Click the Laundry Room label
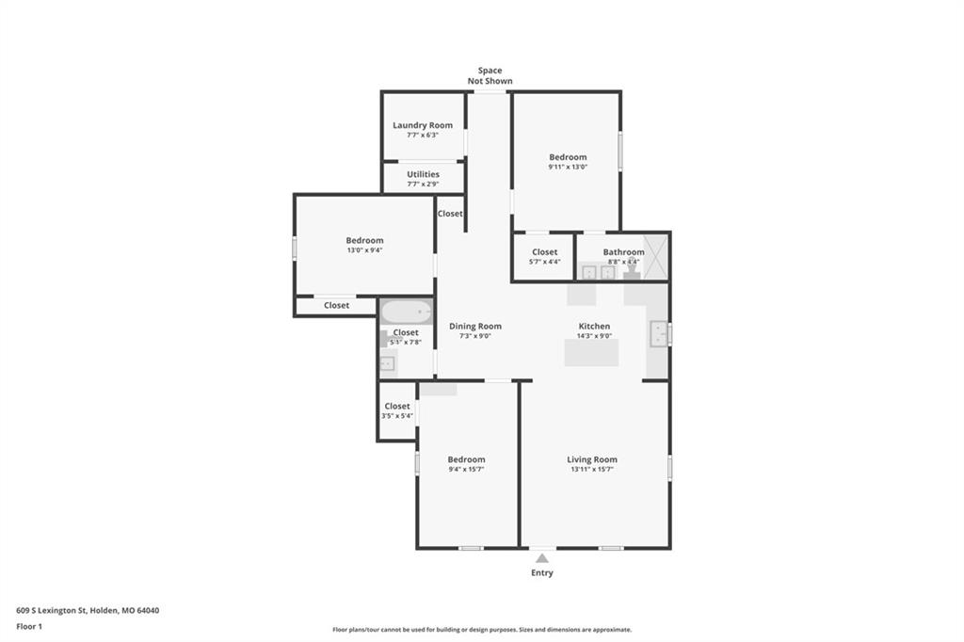423,125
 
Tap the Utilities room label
423,174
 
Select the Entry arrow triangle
541,558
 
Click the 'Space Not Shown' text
490,75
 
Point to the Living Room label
592,459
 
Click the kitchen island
591,352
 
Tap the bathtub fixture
407,312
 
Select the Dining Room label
475,326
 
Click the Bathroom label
623,252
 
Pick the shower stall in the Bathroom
655,257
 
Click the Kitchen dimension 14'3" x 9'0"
595,336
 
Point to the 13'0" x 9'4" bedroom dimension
364,250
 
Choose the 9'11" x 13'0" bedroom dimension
568,167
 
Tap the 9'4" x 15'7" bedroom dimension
466,469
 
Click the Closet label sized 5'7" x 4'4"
545,252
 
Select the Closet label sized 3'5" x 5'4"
397,406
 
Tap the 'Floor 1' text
29,627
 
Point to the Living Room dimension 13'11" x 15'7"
592,469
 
